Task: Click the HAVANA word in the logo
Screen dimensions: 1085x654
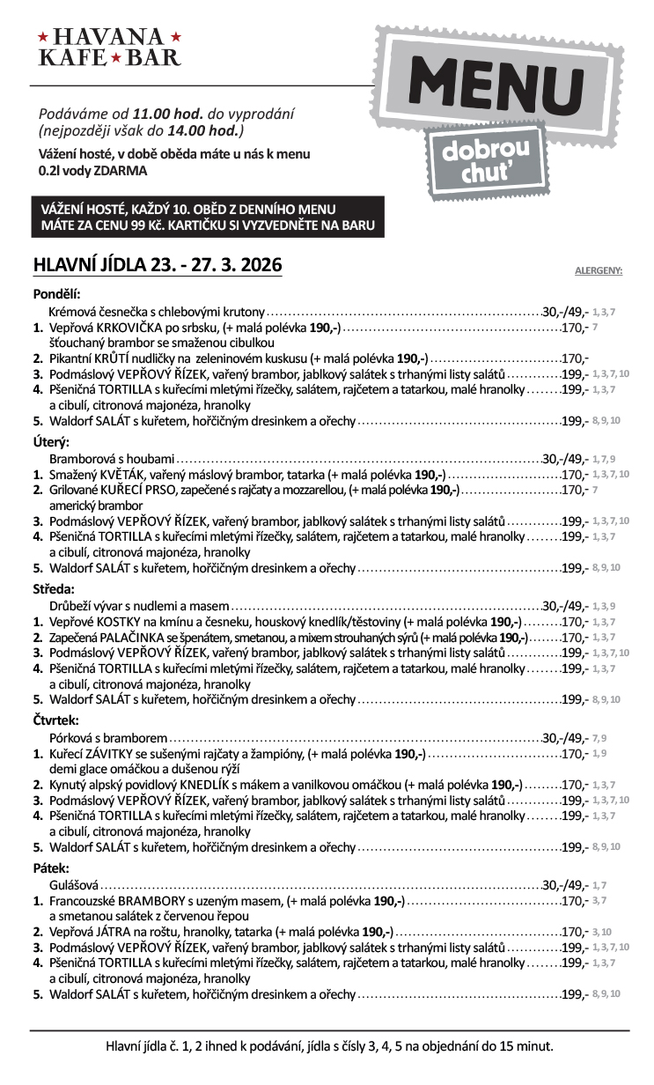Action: click(109, 37)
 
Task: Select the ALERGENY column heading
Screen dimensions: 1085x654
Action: click(598, 271)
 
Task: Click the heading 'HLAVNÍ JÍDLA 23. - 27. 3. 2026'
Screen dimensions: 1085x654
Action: click(157, 265)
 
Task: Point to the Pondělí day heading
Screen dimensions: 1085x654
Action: click(57, 294)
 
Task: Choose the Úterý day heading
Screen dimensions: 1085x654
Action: click(51, 441)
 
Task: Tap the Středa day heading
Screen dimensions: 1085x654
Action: click(54, 588)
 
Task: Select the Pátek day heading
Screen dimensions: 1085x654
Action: click(50, 867)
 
